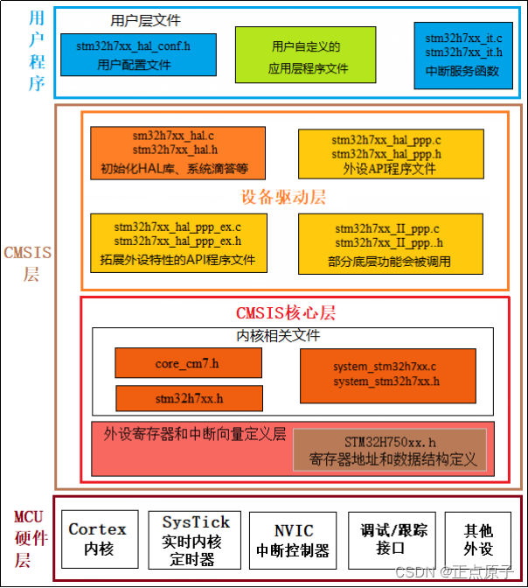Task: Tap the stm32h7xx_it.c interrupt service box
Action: pyautogui.click(x=463, y=54)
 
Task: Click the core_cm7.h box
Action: pyautogui.click(x=189, y=363)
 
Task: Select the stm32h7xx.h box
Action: pyautogui.click(x=189, y=398)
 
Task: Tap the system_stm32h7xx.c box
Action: pyautogui.click(x=387, y=374)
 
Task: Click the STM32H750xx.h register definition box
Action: pyautogui.click(x=389, y=449)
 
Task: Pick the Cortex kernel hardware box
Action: pyautogui.click(x=97, y=537)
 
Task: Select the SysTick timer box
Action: pyautogui.click(x=195, y=537)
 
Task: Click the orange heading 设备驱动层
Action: pyautogui.click(x=282, y=197)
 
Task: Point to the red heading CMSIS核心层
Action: pyautogui.click(x=286, y=313)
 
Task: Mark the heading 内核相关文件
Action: pyautogui.click(x=279, y=336)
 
